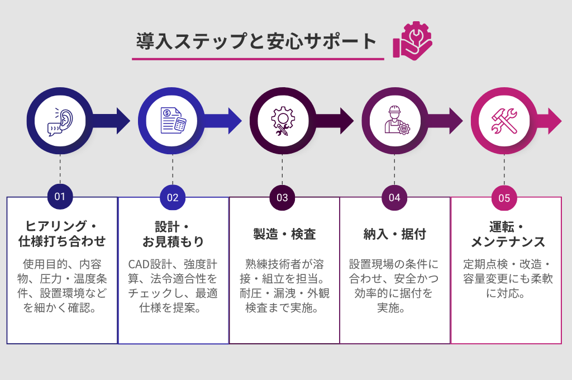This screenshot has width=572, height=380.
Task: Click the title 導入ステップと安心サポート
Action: [258, 42]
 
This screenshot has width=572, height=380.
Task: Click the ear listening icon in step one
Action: [60, 121]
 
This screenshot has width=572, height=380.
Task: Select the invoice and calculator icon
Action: [172, 121]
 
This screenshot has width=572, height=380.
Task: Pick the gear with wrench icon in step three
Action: [282, 121]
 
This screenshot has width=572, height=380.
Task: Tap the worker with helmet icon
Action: [395, 121]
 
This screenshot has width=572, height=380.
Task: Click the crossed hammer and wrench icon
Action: [504, 121]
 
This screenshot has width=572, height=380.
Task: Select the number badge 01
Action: [60, 197]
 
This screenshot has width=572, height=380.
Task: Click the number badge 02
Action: [173, 197]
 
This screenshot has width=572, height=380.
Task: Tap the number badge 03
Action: [282, 197]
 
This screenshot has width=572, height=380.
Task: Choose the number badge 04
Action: [395, 197]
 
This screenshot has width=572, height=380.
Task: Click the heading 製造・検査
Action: [284, 234]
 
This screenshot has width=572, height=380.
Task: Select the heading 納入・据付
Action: [395, 234]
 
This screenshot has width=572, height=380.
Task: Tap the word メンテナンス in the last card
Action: [507, 242]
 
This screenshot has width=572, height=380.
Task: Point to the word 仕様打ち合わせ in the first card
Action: [62, 242]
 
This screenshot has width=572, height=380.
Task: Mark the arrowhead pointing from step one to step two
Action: [123, 121]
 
